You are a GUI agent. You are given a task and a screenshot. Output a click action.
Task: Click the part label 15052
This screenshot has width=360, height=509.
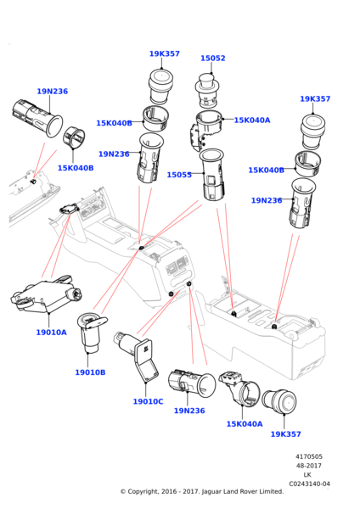click(213, 58)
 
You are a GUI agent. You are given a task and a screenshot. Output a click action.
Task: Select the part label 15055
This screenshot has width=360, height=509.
click(179, 175)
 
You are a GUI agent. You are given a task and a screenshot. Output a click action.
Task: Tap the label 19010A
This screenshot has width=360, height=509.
click(51, 332)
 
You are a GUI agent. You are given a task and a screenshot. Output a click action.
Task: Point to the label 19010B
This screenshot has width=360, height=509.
click(90, 372)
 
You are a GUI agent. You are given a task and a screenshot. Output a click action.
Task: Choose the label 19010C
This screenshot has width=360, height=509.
click(148, 401)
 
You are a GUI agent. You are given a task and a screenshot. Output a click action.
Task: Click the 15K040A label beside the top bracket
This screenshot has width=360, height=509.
click(252, 120)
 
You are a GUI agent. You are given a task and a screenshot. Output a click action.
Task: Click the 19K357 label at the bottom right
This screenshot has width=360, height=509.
click(285, 433)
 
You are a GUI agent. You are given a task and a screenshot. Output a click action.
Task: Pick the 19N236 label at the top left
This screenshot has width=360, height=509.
click(53, 92)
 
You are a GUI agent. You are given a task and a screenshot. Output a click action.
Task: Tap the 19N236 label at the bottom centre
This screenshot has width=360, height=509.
click(189, 411)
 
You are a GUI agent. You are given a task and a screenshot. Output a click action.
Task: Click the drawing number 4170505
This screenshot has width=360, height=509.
click(309, 456)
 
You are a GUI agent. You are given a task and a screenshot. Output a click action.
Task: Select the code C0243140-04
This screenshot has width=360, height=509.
click(309, 484)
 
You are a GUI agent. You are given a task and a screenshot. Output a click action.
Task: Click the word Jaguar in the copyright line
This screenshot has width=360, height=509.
click(212, 492)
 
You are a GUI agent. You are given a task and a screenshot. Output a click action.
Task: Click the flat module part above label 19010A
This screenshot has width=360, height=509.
click(46, 294)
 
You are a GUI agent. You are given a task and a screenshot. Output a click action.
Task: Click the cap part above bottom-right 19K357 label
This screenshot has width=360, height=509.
click(279, 402)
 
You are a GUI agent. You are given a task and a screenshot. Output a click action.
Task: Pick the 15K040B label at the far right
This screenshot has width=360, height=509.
click(266, 170)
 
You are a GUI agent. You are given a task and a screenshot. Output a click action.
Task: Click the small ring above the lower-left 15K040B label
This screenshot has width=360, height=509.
click(74, 138)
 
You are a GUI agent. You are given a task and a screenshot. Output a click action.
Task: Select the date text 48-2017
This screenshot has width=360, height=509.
click(309, 466)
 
